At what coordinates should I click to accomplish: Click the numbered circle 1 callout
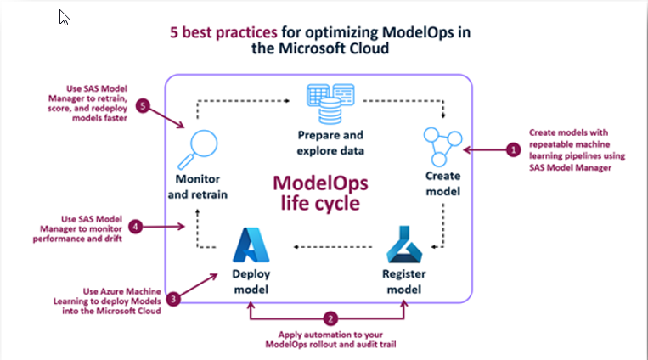[513, 149]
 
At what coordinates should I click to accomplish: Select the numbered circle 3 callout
[173, 299]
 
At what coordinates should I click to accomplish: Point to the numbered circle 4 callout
[135, 227]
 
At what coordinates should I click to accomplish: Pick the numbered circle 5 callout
[144, 106]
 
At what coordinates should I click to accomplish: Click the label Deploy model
[252, 283]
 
